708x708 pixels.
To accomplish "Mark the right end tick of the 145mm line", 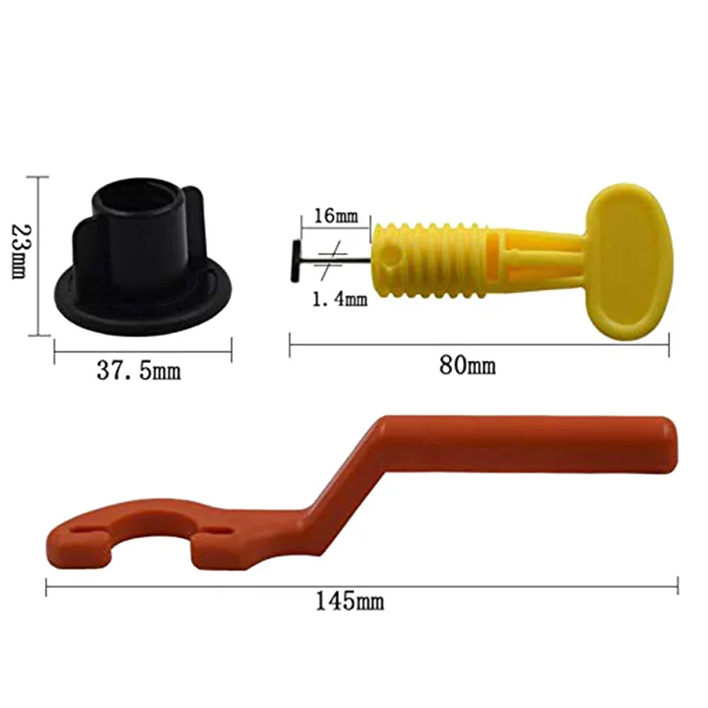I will click(x=678, y=585).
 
